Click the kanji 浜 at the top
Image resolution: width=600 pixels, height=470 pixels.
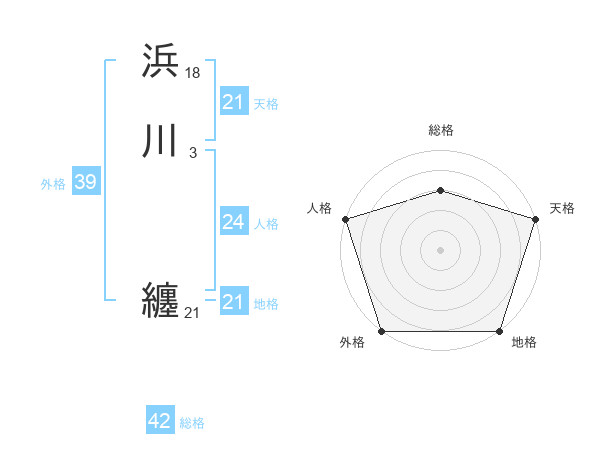tap(161, 61)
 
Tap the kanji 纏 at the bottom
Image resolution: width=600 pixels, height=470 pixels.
tap(161, 300)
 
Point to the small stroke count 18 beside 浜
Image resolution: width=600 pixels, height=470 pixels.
tap(193, 72)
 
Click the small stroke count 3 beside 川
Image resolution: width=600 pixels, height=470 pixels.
tap(192, 153)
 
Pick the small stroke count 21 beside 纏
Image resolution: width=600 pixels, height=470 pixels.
tap(192, 313)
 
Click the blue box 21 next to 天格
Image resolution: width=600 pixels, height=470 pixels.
tap(234, 102)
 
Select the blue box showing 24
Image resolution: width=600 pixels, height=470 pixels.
tap(234, 222)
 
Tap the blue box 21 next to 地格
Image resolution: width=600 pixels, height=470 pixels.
tap(234, 302)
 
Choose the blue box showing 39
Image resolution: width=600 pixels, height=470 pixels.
tap(85, 182)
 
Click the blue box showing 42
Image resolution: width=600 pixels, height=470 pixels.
tap(160, 421)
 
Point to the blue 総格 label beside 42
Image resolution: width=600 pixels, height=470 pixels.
tap(192, 423)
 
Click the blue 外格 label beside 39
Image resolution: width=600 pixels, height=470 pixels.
tap(53, 184)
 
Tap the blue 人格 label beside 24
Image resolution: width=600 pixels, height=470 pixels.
tap(267, 224)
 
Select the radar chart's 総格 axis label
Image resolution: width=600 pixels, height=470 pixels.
tap(441, 130)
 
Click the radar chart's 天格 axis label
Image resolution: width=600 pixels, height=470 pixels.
tap(563, 208)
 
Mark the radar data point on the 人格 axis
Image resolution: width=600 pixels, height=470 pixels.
tap(345, 219)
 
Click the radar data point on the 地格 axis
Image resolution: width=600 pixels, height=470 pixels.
tap(499, 330)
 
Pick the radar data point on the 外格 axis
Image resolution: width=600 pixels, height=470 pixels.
tap(382, 330)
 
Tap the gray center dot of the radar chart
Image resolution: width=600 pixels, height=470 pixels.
tap(441, 250)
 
